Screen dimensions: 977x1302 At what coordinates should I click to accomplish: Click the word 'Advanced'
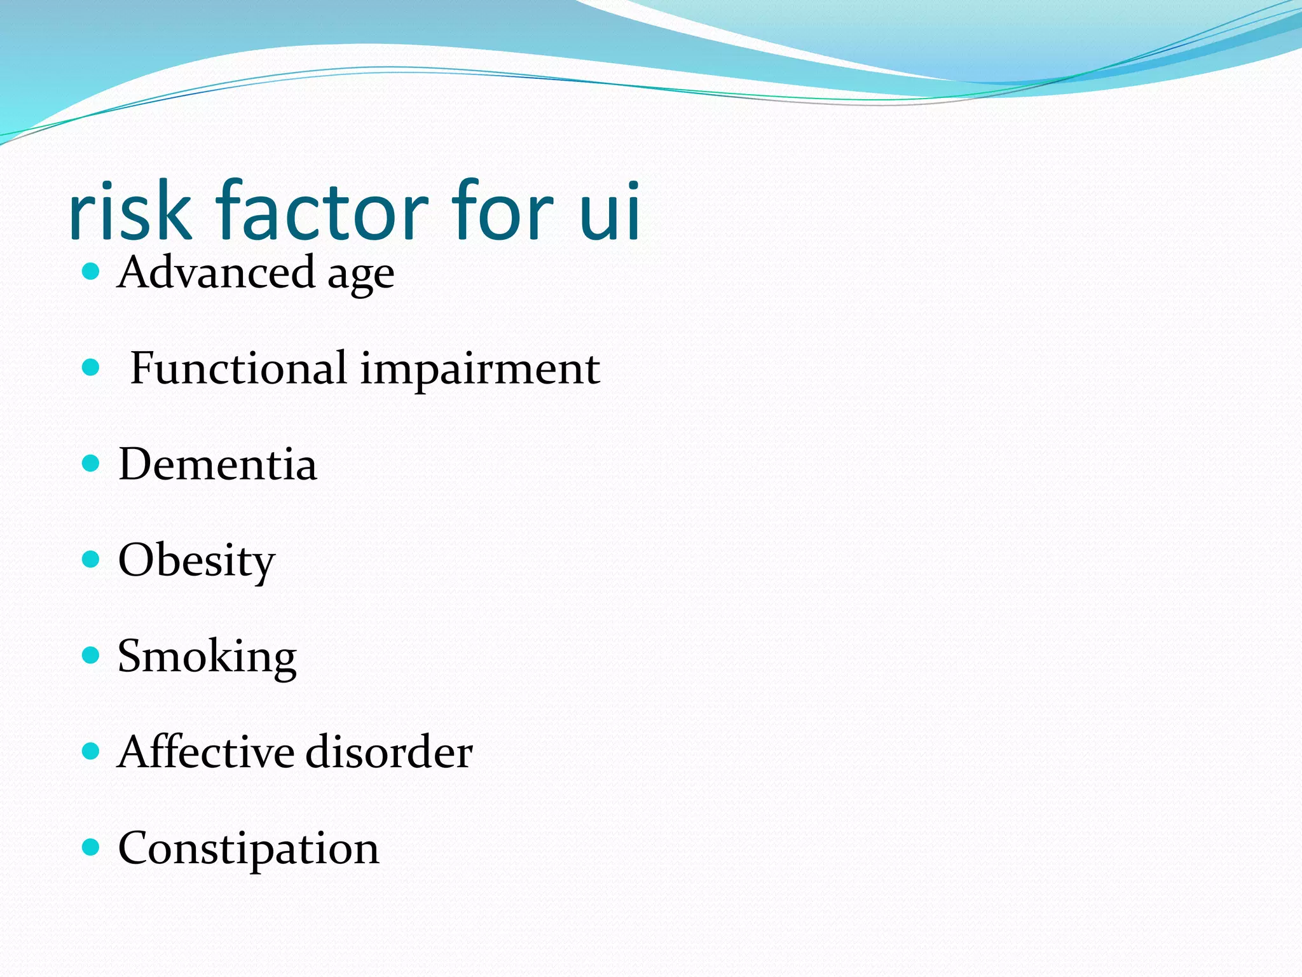tap(216, 272)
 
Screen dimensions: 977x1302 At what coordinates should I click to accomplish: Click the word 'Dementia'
tap(217, 464)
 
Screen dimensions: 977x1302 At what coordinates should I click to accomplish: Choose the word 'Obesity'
tap(196, 562)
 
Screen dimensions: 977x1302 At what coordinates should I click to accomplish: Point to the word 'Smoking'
tap(207, 658)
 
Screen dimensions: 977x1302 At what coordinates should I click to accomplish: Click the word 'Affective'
tap(205, 752)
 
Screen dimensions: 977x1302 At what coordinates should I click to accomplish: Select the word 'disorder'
tap(389, 752)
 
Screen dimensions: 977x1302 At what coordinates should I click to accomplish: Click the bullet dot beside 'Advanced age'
tap(92, 272)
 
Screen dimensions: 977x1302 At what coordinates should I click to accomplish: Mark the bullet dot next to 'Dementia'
tap(92, 463)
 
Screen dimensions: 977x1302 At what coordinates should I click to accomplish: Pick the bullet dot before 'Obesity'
tap(92, 559)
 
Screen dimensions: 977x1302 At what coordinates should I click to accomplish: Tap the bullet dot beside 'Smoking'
tap(92, 655)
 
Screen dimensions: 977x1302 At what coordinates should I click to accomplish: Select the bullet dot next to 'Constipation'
tap(92, 847)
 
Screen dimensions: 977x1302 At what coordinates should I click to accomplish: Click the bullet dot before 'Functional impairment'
tap(92, 367)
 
